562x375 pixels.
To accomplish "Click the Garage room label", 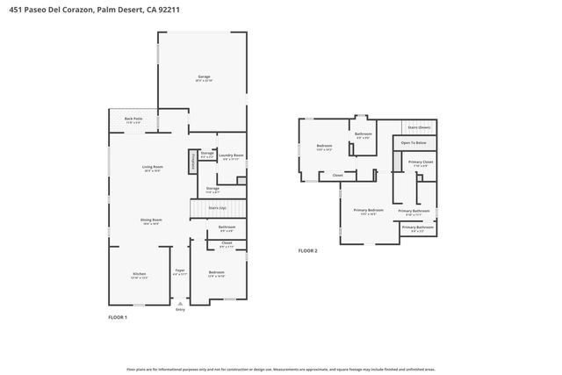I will tap(203, 79).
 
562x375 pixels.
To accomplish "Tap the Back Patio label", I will tap(133, 120).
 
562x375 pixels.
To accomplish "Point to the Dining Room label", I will tap(152, 221).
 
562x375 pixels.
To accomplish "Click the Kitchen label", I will tap(139, 274).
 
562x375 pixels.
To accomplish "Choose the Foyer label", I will tap(180, 272).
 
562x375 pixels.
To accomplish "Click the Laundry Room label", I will tap(232, 156).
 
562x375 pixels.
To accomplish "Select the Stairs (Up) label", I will tap(216, 208).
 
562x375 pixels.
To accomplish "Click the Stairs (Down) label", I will tap(419, 127).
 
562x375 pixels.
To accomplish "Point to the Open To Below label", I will tap(414, 142).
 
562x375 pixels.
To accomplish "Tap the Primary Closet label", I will tap(421, 163).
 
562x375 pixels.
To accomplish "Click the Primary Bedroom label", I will tap(369, 212).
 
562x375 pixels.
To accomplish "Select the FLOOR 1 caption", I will tap(118, 317).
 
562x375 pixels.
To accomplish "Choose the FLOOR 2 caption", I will tap(307, 251).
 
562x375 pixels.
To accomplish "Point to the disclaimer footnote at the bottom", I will tap(281, 370).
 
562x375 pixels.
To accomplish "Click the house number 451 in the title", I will tap(16, 9).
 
